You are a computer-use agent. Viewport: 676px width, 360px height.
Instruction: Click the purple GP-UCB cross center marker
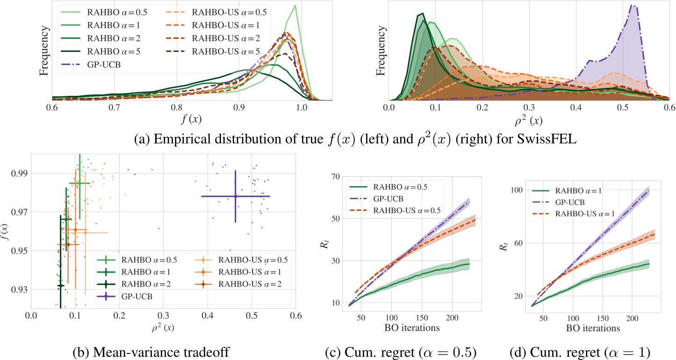236,196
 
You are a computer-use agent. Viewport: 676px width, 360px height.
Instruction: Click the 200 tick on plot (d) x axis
632,317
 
